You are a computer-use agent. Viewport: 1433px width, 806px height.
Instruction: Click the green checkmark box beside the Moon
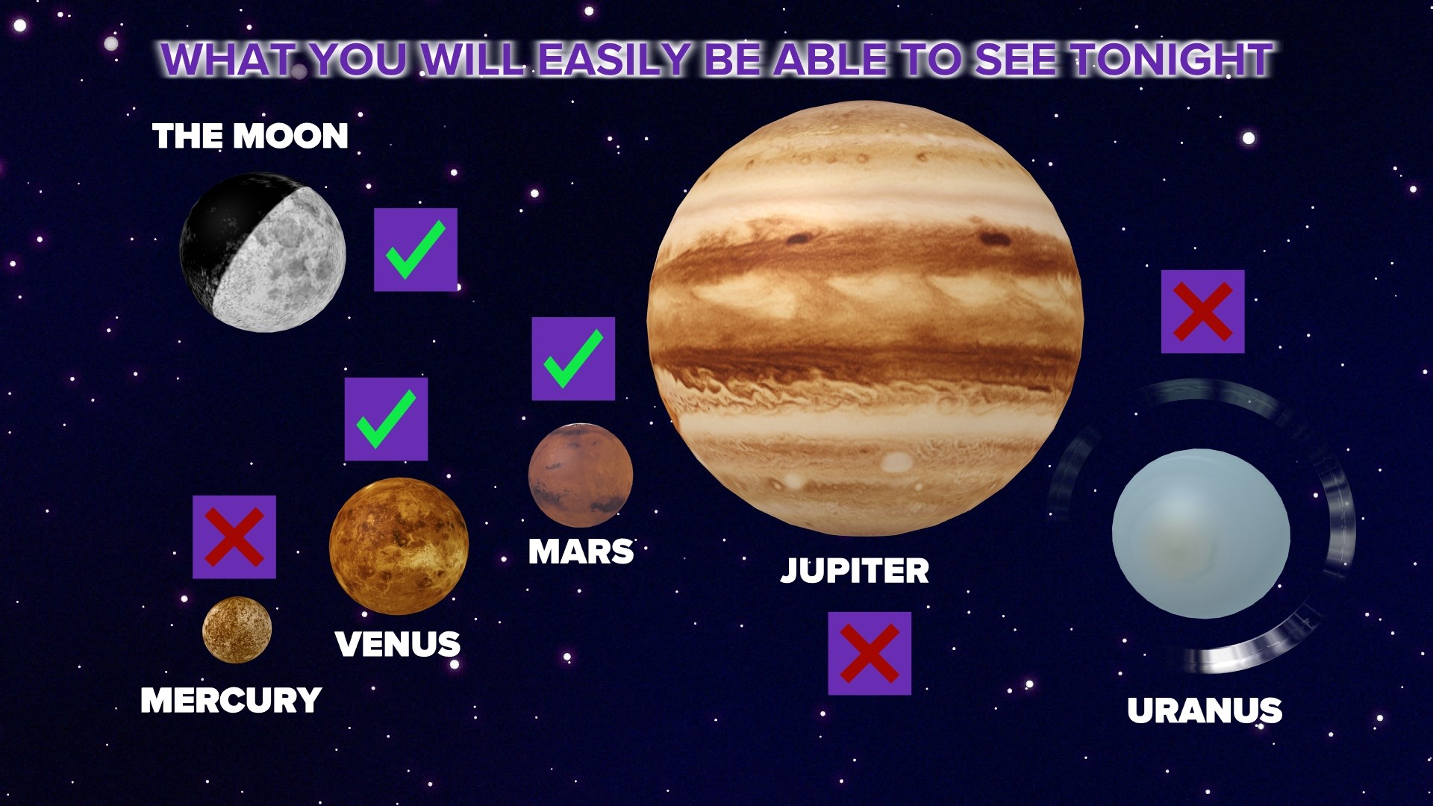tap(415, 249)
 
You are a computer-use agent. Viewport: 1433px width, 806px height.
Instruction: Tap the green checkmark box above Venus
tap(386, 419)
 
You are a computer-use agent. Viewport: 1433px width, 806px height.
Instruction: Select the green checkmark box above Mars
tap(573, 358)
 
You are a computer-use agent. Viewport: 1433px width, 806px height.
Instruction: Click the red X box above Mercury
tap(234, 537)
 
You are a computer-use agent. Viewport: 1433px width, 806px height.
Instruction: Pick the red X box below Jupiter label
tap(870, 654)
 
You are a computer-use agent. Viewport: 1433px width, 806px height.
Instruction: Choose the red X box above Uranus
tap(1202, 311)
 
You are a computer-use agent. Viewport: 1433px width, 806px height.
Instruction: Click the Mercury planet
tap(237, 629)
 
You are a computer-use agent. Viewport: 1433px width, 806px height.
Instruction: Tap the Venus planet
tap(399, 546)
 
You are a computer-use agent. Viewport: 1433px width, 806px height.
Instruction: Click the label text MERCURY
tap(231, 700)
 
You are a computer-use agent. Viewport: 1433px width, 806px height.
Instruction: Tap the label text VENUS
tap(397, 644)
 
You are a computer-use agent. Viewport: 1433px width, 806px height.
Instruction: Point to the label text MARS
tap(581, 552)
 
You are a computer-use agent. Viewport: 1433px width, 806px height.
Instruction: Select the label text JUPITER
tap(855, 571)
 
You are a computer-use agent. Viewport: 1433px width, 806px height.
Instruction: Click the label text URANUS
tap(1204, 710)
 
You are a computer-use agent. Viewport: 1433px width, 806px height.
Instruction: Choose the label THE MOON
tap(250, 136)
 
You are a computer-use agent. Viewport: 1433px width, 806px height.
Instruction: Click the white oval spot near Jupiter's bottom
tap(896, 463)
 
